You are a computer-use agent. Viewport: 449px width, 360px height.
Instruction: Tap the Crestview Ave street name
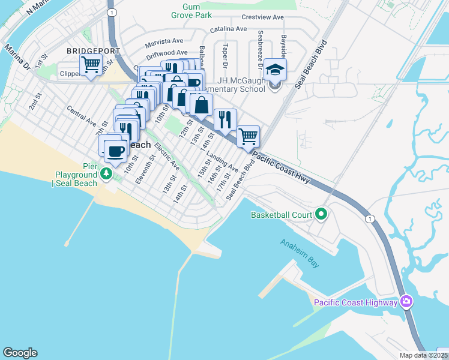click(262, 17)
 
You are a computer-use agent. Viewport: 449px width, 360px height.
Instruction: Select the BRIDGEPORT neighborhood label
click(94, 52)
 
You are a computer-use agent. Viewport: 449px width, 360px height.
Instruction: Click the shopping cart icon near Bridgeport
click(91, 64)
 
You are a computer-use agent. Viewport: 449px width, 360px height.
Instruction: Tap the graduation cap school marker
click(276, 70)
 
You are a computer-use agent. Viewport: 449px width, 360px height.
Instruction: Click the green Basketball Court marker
click(321, 214)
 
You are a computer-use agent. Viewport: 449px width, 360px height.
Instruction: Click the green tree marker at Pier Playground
click(106, 174)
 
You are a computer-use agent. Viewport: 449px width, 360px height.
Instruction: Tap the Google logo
click(20, 353)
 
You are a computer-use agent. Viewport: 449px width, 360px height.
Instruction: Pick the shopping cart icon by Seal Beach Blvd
click(248, 136)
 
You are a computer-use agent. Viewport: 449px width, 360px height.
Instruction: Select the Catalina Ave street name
click(228, 29)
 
